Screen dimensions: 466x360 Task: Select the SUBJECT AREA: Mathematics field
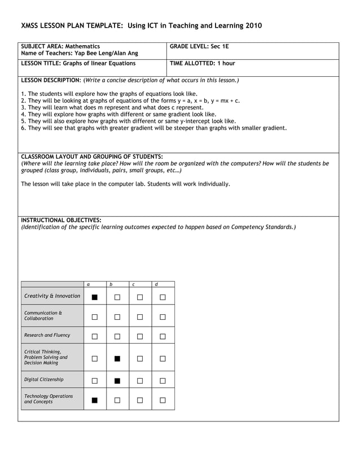tap(60, 46)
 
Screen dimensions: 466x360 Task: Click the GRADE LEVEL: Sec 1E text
tap(199, 46)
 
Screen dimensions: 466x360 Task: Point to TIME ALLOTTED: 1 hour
tap(202, 63)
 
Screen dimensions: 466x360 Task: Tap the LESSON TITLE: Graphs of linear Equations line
tap(78, 63)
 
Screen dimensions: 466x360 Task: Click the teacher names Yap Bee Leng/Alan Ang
tap(106, 53)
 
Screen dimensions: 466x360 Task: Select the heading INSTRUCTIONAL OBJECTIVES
tap(61, 220)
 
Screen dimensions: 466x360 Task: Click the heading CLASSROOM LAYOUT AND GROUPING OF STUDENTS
tap(91, 156)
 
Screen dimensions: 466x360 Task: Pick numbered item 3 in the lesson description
tap(112, 107)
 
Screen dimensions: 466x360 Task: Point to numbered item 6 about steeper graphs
tap(153, 128)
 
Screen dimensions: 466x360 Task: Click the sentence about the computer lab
tap(125, 184)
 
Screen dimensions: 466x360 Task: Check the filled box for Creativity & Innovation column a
tap(95, 297)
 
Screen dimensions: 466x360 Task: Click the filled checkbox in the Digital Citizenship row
tap(117, 381)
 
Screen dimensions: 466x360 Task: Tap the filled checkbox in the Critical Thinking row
tap(117, 358)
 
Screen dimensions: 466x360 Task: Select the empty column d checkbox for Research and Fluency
tap(163, 337)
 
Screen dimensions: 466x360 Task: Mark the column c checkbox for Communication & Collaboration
tap(140, 317)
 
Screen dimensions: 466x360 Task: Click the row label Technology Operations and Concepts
tap(49, 399)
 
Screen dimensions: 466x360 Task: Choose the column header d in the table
tap(156, 284)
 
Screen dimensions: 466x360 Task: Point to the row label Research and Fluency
tap(47, 335)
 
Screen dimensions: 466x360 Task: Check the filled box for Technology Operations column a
tap(95, 401)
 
